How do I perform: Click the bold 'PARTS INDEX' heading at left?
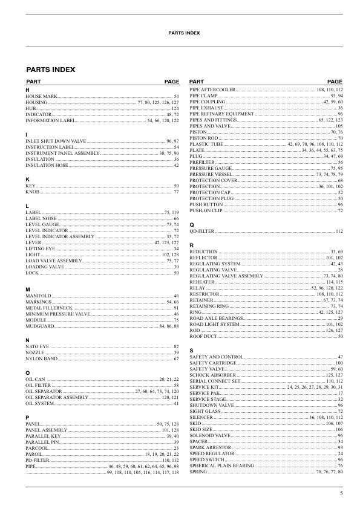click(50, 70)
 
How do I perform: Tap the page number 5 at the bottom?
click(341, 494)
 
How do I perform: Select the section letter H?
click(27, 90)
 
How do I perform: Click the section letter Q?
click(192, 224)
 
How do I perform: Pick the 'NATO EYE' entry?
click(37, 346)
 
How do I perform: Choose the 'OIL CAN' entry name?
click(36, 378)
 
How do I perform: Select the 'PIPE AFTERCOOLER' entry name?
click(212, 89)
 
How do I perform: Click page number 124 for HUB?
click(175, 108)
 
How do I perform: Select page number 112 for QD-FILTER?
click(339, 231)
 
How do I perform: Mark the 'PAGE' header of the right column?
click(335, 81)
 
